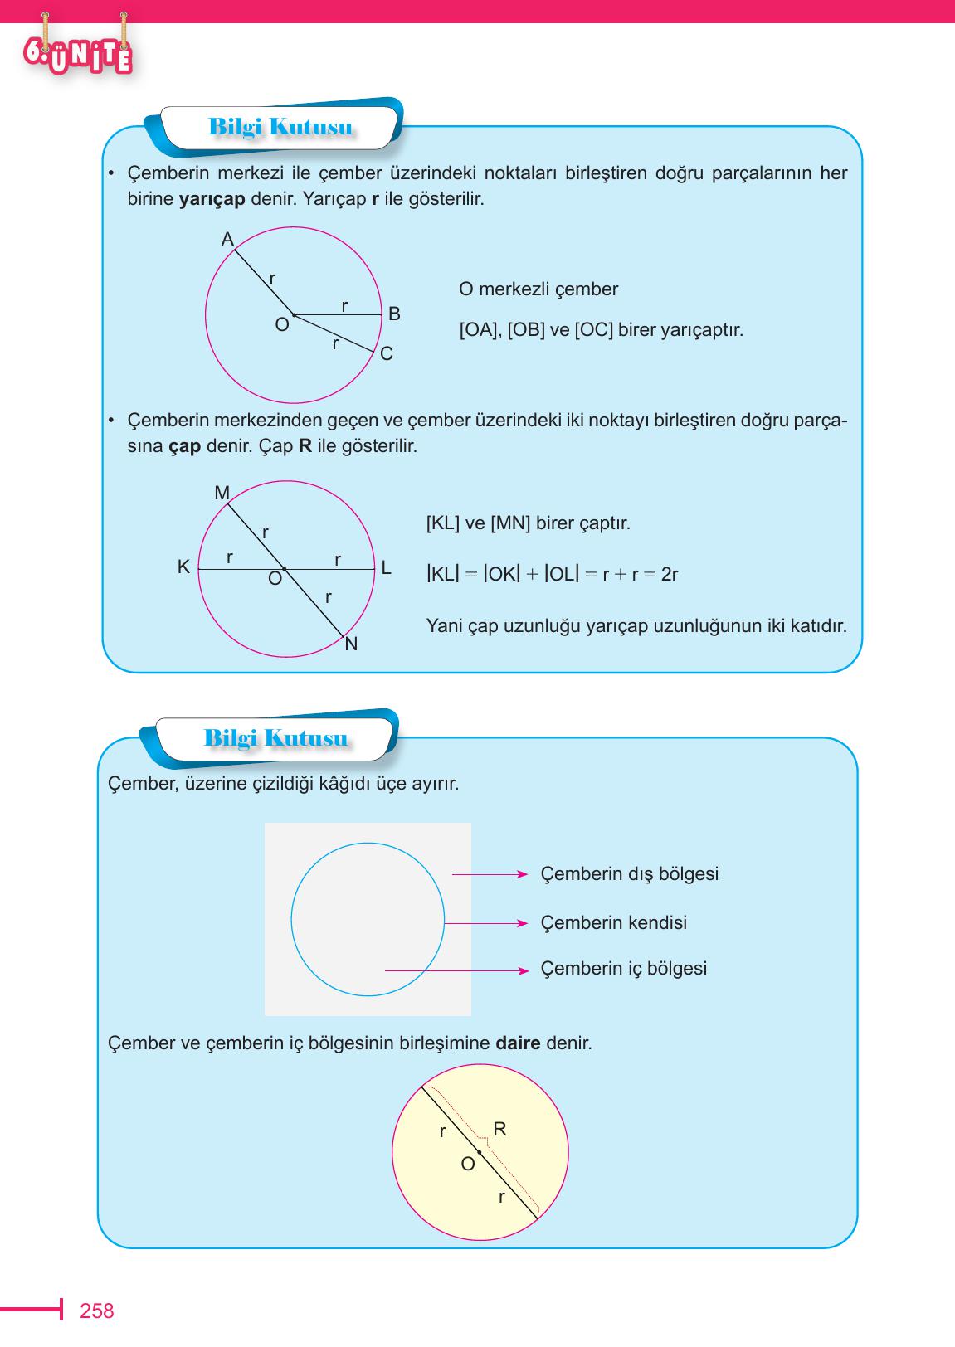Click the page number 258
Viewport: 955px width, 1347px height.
pos(96,1311)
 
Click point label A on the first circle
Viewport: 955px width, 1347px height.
pos(227,240)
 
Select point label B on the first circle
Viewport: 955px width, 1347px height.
pos(394,314)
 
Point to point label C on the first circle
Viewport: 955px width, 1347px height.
pos(386,354)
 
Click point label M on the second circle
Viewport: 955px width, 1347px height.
pos(222,494)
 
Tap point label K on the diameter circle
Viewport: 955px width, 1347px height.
pos(183,567)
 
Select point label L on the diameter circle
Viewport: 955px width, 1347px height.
pos(386,568)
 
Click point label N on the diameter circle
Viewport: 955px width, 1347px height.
pos(351,644)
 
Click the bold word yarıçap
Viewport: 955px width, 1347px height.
pos(212,200)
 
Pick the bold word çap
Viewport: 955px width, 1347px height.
pos(184,446)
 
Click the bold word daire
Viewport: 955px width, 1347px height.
pos(518,1043)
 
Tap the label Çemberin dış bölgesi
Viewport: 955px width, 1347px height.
pos(629,874)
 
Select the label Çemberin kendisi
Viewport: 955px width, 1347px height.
pos(613,923)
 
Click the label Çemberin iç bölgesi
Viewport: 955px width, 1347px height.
pos(623,969)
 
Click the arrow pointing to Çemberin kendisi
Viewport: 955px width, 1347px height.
pos(486,923)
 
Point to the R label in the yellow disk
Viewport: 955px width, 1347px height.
pos(499,1129)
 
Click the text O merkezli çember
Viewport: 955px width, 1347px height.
pos(538,289)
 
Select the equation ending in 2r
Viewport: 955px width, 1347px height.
pos(552,574)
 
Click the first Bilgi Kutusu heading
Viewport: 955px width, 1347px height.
pos(280,128)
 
